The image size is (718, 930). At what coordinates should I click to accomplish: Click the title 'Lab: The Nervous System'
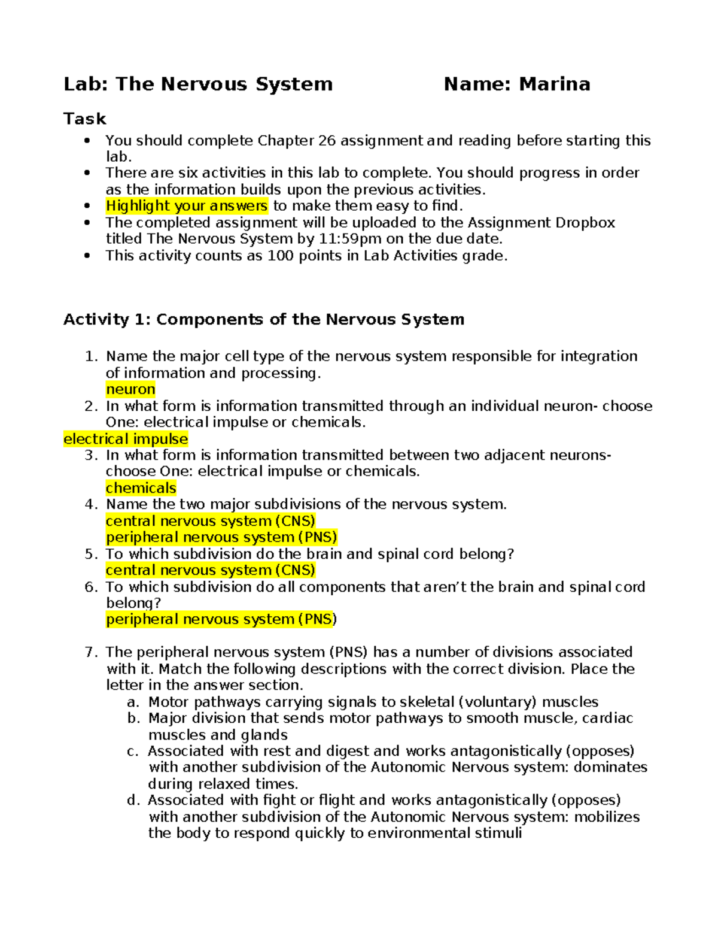click(198, 84)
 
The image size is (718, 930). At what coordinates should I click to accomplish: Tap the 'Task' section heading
click(85, 119)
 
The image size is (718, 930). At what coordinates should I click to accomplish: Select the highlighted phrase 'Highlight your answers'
click(187, 206)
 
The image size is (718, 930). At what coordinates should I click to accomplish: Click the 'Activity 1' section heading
click(264, 319)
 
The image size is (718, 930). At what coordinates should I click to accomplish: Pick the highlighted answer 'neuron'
click(130, 389)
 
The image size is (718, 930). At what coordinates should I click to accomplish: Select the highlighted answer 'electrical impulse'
click(126, 439)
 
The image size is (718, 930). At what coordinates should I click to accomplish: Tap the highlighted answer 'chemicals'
click(141, 488)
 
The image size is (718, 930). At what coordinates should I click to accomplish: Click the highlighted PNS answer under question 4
click(221, 537)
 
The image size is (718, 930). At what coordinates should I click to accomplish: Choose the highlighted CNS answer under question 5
click(210, 570)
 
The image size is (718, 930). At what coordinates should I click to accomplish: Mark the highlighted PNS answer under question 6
click(221, 619)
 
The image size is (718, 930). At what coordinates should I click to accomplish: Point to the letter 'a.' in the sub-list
click(133, 702)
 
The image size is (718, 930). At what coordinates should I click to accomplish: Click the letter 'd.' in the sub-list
click(133, 800)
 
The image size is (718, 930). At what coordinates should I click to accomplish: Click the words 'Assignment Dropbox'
click(541, 223)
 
